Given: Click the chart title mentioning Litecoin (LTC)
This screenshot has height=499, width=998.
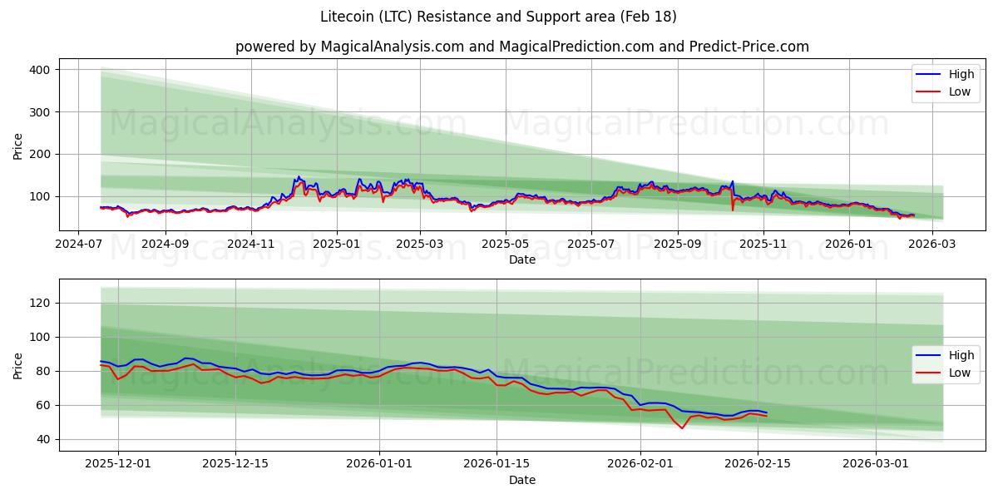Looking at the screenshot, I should [498, 17].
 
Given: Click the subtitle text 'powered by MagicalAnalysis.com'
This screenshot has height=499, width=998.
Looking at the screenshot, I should [349, 47].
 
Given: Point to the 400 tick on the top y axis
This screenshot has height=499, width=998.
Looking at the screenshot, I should [42, 70].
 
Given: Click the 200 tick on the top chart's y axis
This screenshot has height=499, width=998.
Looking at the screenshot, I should [42, 155].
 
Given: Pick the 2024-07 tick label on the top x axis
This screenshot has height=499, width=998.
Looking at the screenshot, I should [78, 245].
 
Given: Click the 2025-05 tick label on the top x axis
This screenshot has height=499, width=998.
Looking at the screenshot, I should [505, 245].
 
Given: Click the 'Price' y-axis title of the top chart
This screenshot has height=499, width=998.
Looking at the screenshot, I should [18, 146].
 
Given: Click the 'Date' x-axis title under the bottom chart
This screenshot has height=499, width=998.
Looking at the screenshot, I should [522, 480].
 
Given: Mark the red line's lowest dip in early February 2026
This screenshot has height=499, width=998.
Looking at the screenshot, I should [682, 428].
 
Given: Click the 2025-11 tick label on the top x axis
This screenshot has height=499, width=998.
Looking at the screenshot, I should [763, 245].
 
